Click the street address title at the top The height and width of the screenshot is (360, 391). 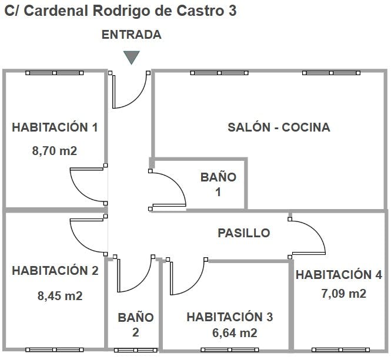120,11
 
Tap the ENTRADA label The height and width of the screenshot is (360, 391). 131,35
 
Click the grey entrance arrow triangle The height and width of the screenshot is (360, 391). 131,57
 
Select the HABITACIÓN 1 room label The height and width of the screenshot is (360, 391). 55,127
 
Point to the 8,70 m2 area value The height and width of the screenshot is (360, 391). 55,150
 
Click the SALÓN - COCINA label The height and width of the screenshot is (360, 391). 279,127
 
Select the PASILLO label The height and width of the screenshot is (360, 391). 244,233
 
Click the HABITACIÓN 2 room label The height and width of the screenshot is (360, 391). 55,271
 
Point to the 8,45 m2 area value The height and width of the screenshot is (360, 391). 59,295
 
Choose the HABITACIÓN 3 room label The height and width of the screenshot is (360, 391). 229,317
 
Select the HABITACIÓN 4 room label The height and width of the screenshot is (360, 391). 339,275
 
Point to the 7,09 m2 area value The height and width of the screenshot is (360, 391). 343,293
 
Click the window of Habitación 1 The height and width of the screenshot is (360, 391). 55,73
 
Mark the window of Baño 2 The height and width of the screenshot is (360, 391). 135,351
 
